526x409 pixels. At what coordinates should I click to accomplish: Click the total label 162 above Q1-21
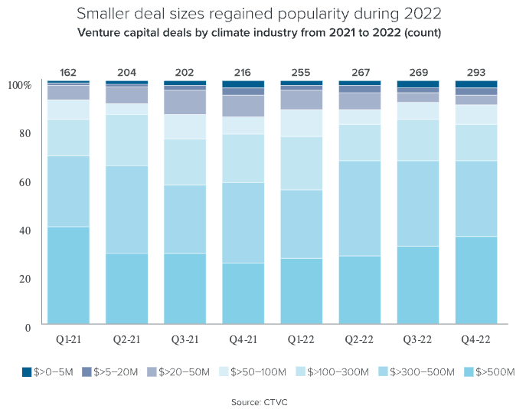(x=68, y=73)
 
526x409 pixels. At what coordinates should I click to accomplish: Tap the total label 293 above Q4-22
(x=476, y=73)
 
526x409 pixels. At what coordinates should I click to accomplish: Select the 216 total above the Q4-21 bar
(x=243, y=73)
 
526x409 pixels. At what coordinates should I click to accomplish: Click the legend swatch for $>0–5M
(x=28, y=372)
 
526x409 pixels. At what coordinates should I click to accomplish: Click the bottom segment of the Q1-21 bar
(x=68, y=276)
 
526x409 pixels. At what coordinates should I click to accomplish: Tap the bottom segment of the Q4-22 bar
(x=476, y=281)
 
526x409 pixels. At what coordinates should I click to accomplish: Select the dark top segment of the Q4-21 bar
(x=243, y=84)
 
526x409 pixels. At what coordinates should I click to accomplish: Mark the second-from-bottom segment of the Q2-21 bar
(x=126, y=209)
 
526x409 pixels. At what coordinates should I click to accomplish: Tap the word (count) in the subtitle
(x=423, y=33)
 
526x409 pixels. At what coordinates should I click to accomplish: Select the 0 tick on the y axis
(x=28, y=327)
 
